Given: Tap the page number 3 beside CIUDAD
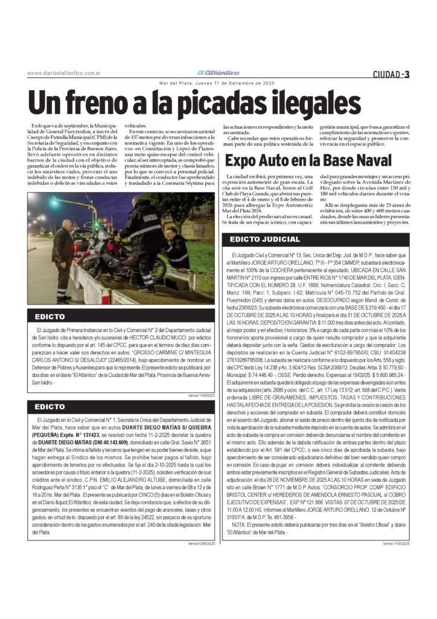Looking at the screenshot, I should (x=407, y=74).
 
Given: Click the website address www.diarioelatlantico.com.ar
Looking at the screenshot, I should (x=63, y=73).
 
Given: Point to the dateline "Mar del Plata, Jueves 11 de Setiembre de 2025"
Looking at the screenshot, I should (x=217, y=83).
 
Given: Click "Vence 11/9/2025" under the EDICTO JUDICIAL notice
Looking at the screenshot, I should (x=396, y=543).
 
